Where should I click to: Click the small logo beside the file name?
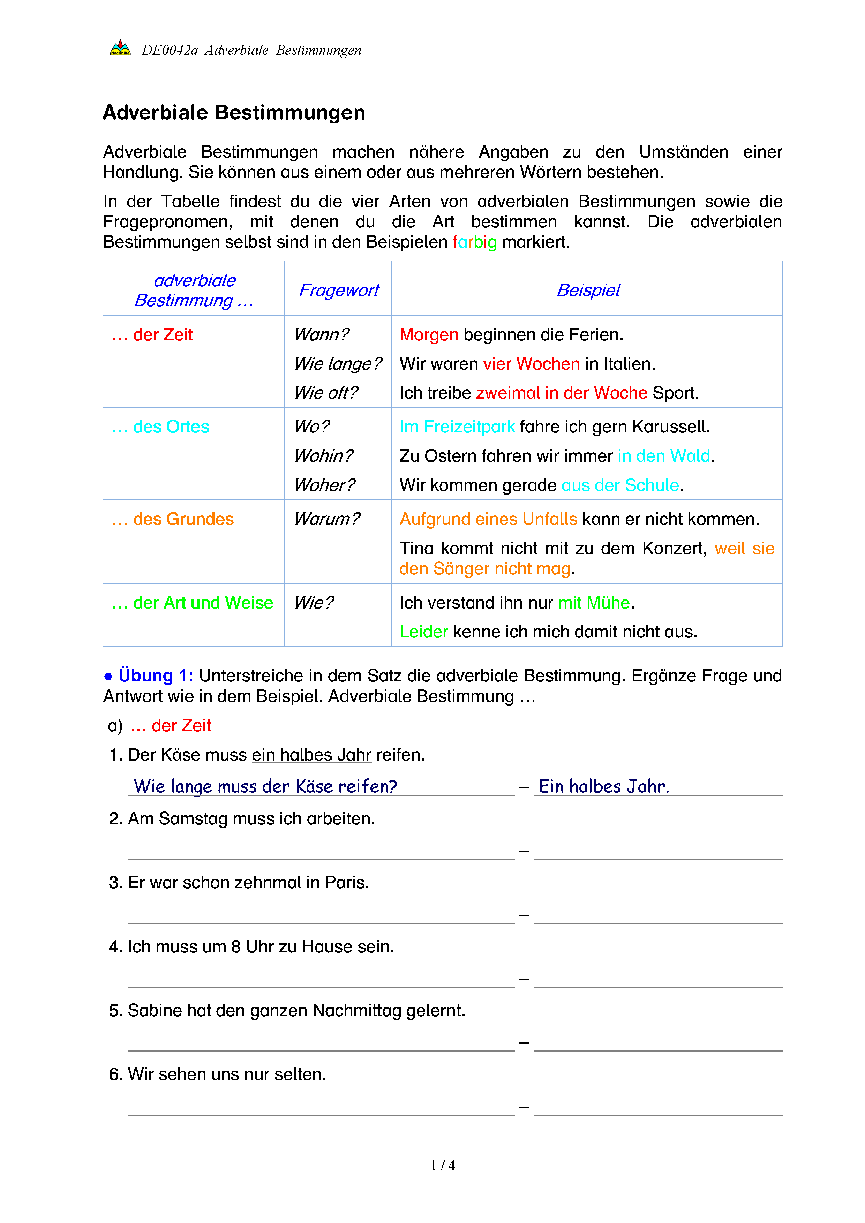coord(120,48)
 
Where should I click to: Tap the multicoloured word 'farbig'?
coord(475,242)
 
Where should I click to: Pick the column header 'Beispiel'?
coord(588,290)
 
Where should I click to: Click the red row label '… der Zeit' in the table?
coord(152,335)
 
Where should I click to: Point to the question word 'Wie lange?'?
coord(338,364)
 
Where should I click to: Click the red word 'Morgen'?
coord(429,335)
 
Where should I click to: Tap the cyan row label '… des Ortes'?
coord(160,427)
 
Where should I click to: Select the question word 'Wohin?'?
coord(323,456)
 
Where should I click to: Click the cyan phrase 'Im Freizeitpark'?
coord(457,427)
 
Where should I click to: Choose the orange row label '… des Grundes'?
coord(173,519)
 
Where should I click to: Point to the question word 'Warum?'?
coord(326,519)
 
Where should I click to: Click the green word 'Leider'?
coord(423,632)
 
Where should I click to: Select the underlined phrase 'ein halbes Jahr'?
coord(311,755)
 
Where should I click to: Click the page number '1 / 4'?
coord(443,1165)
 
